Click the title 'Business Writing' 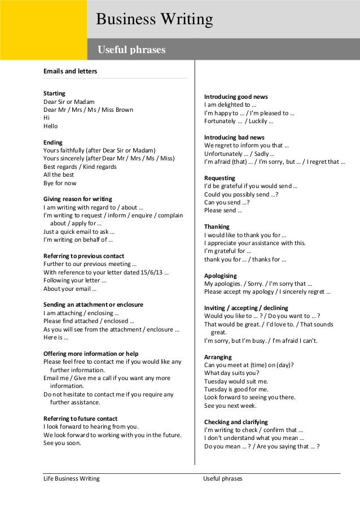pyautogui.click(x=155, y=20)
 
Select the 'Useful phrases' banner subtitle pyautogui.click(x=132, y=51)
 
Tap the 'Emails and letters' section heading pyautogui.click(x=71, y=72)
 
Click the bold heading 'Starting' pyautogui.click(x=55, y=93)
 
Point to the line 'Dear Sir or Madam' pyautogui.click(x=69, y=101)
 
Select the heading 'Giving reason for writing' pyautogui.click(x=78, y=199)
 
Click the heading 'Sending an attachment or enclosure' pyautogui.click(x=93, y=304)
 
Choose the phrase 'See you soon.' pyautogui.click(x=62, y=443)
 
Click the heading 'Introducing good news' pyautogui.click(x=235, y=97)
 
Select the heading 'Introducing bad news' pyautogui.click(x=233, y=137)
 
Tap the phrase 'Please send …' pyautogui.click(x=223, y=211)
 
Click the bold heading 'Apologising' pyautogui.click(x=220, y=275)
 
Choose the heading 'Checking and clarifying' pyautogui.click(x=236, y=422)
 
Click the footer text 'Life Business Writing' pyautogui.click(x=72, y=479)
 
